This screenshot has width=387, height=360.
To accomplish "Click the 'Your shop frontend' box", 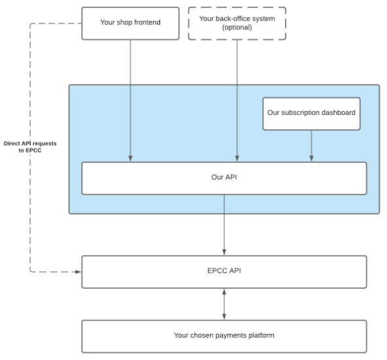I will point(130,23).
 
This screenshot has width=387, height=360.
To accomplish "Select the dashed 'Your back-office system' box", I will point(236,24).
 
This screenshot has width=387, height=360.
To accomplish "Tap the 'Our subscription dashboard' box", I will point(311,113).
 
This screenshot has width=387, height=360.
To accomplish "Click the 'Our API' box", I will point(224,178).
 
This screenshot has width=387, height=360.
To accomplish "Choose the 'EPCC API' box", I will point(224,272).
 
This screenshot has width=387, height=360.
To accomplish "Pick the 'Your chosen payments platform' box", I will point(224,336).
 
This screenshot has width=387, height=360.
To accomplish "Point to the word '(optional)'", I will point(236,28).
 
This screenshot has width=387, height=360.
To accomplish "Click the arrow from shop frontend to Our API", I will point(131,98).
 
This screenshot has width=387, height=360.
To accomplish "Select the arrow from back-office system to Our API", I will point(237,98).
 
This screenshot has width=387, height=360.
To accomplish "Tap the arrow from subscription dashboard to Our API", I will point(311,145).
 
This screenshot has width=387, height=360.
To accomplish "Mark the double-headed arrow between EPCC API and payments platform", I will point(224,304).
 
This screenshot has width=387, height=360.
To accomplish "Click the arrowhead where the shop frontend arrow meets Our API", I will point(131,158).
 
